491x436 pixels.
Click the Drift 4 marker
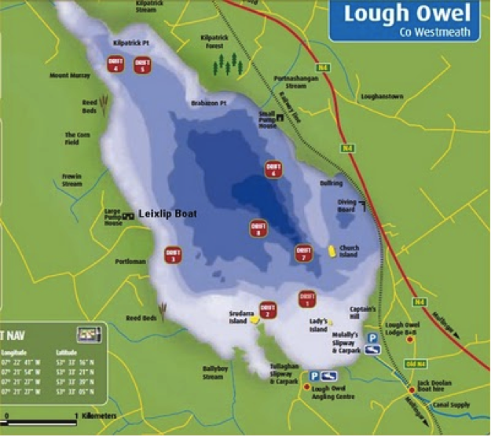[x=116, y=64]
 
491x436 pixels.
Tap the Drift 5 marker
[x=142, y=64]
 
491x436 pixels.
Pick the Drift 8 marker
[x=258, y=228]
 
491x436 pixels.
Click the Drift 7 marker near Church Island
[x=303, y=253]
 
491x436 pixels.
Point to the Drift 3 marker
[x=173, y=255]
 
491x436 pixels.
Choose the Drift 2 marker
[x=268, y=310]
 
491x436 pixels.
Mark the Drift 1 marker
[x=307, y=299]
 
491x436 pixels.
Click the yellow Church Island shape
[x=332, y=251]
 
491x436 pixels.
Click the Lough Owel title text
[x=407, y=13]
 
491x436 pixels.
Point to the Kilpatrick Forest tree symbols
[x=228, y=64]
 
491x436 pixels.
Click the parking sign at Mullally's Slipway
[x=373, y=337]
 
